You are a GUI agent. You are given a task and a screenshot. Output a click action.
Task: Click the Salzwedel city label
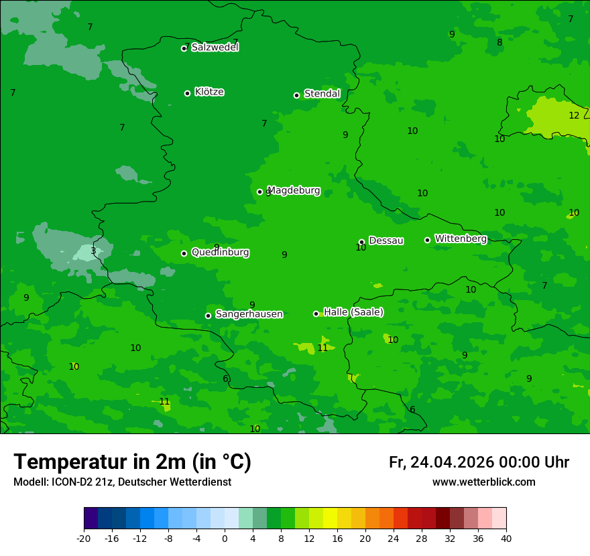pos(215,48)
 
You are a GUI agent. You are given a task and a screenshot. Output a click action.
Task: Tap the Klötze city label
pos(209,92)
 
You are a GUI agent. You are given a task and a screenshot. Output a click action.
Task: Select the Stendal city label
pos(322,94)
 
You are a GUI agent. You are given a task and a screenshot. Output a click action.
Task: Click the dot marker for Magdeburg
pos(260,192)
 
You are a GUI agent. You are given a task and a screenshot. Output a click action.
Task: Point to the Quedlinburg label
pos(220,253)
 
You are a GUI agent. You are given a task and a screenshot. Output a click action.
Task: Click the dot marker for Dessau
pos(361,242)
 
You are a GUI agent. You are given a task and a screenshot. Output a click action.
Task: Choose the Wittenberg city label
pos(460,238)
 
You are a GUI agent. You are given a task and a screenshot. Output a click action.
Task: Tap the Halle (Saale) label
pos(353,312)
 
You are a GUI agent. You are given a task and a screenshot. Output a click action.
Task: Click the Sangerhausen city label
pos(249,314)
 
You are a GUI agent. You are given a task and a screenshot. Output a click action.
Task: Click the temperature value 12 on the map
pos(574,115)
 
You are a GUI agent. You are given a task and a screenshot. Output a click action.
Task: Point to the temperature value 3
pos(93,251)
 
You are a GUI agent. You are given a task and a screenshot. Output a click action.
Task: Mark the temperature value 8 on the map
pos(499,43)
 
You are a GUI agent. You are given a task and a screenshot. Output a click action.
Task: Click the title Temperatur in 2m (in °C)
pos(132,462)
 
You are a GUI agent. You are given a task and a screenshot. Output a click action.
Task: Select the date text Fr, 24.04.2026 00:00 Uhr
pos(479,462)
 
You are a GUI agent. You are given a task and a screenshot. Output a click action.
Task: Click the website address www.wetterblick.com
pos(483,482)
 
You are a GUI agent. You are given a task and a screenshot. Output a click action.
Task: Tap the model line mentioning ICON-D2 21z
pos(122,482)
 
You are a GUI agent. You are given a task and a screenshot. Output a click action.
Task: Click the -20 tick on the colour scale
pos(84,538)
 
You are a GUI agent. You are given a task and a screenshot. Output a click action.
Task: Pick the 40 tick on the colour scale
pos(506,538)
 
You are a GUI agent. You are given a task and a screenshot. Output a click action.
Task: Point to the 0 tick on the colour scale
pos(225,538)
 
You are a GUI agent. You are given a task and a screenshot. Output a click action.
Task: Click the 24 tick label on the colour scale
pos(394,538)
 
